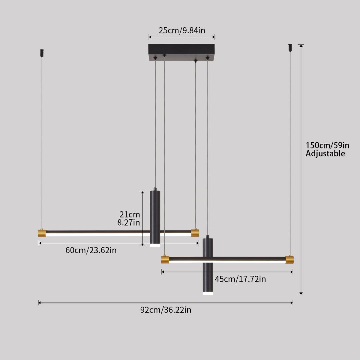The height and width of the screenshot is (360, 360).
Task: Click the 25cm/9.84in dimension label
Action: point(182,31)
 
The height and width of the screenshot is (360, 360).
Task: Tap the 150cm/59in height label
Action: point(327,145)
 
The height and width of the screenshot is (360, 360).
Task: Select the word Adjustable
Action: point(325,154)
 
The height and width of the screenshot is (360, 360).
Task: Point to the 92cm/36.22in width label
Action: point(166,310)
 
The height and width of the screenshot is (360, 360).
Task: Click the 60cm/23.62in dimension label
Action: point(91,250)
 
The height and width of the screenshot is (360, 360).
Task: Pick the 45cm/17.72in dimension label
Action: point(240,279)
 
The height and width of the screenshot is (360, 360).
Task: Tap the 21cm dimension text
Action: point(130,214)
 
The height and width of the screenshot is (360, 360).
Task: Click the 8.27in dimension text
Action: point(129,223)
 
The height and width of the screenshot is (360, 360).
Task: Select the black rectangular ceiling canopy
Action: point(181,50)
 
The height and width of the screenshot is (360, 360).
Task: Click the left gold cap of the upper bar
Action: point(42,233)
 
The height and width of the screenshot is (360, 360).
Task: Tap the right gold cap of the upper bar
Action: point(195,233)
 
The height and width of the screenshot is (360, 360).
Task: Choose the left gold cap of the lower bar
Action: point(165,259)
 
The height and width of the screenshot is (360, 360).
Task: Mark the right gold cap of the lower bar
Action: point(290,260)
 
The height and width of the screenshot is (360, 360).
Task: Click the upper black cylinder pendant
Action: point(155,217)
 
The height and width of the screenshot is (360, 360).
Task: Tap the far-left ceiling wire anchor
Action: point(42,53)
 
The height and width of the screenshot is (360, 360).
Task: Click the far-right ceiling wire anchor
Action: point(290,47)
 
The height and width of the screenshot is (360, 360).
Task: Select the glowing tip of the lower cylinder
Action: point(208,293)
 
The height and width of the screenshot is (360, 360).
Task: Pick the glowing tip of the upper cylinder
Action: point(155,245)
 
